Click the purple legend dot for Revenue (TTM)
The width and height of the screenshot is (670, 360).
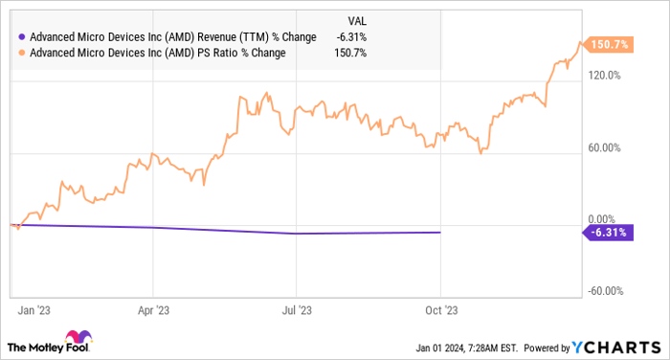coord(21,36)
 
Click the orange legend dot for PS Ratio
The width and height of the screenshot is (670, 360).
coord(21,52)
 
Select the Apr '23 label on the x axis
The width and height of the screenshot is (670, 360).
coord(153,310)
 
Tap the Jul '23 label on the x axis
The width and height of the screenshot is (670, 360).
coord(297,310)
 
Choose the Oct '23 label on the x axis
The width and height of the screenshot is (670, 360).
coord(440,310)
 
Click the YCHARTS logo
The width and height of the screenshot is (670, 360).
coord(619,345)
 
